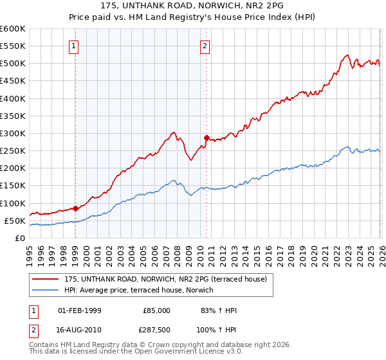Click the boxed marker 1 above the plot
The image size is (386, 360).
75,46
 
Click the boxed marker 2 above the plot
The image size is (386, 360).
205,46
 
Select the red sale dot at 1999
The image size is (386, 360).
75,208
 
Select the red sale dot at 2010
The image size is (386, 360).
207,138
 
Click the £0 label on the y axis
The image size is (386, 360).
19,238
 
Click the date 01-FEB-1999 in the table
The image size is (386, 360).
80,310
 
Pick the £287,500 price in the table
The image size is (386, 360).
156,328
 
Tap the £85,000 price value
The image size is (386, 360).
156,310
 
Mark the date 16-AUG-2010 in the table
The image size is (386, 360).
80,328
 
